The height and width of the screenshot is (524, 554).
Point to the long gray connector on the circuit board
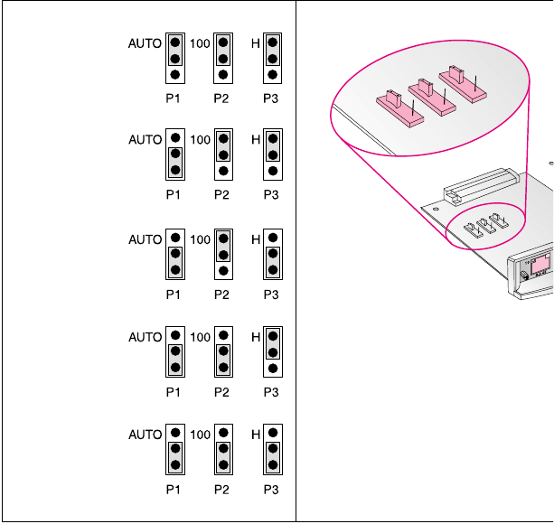tap(478, 184)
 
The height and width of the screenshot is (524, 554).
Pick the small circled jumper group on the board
tap(485, 231)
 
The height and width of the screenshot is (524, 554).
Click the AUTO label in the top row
tap(145, 42)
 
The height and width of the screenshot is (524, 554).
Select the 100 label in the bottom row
tap(201, 435)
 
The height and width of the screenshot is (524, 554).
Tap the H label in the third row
tap(256, 239)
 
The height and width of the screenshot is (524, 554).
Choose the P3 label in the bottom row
tap(271, 491)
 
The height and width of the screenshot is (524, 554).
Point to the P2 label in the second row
tap(222, 195)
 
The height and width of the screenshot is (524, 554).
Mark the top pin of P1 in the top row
tap(174, 42)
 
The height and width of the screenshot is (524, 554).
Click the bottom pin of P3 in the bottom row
tap(272, 466)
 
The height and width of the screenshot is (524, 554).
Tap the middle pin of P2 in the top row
tap(223, 59)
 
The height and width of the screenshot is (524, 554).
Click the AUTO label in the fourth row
tap(145, 337)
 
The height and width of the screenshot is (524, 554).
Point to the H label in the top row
tap(256, 42)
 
